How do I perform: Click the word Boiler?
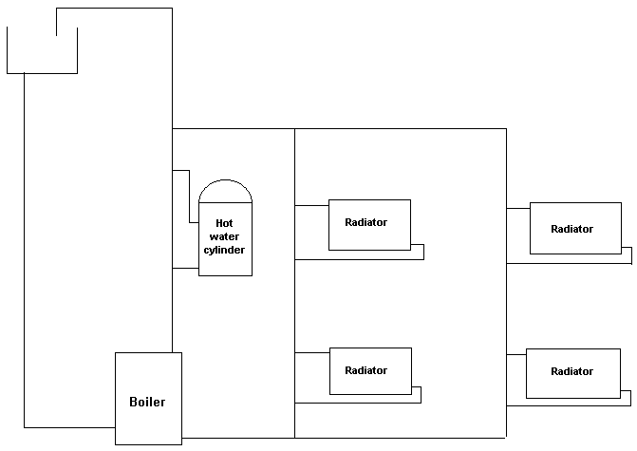pyautogui.click(x=147, y=402)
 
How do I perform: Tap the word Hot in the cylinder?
pyautogui.click(x=224, y=223)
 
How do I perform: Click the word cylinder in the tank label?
pyautogui.click(x=225, y=251)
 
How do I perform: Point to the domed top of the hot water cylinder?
pyautogui.click(x=226, y=191)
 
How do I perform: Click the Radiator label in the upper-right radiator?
pyautogui.click(x=571, y=229)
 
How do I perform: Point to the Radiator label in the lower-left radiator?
pyautogui.click(x=365, y=370)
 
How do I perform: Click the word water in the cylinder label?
pyautogui.click(x=224, y=236)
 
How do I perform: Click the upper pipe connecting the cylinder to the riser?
pyautogui.click(x=182, y=171)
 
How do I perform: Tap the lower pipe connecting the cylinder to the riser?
pyautogui.click(x=185, y=269)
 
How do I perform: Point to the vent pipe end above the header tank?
pyautogui.click(x=57, y=22)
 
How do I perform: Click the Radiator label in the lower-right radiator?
pyautogui.click(x=571, y=372)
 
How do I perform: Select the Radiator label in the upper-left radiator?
pyautogui.click(x=365, y=222)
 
